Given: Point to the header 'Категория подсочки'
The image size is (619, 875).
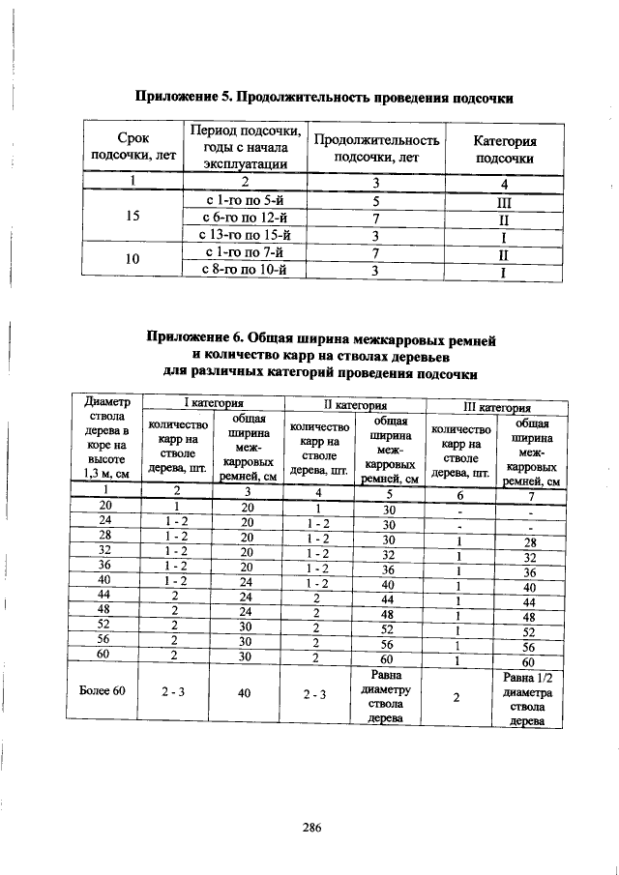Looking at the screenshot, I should [x=507, y=148].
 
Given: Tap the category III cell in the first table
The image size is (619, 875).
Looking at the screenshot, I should [x=504, y=202].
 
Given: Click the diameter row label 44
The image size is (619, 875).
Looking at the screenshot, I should [x=106, y=595].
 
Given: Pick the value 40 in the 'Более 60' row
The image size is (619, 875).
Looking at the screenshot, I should [x=248, y=692].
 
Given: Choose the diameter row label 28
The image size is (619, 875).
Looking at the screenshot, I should [x=106, y=536].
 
